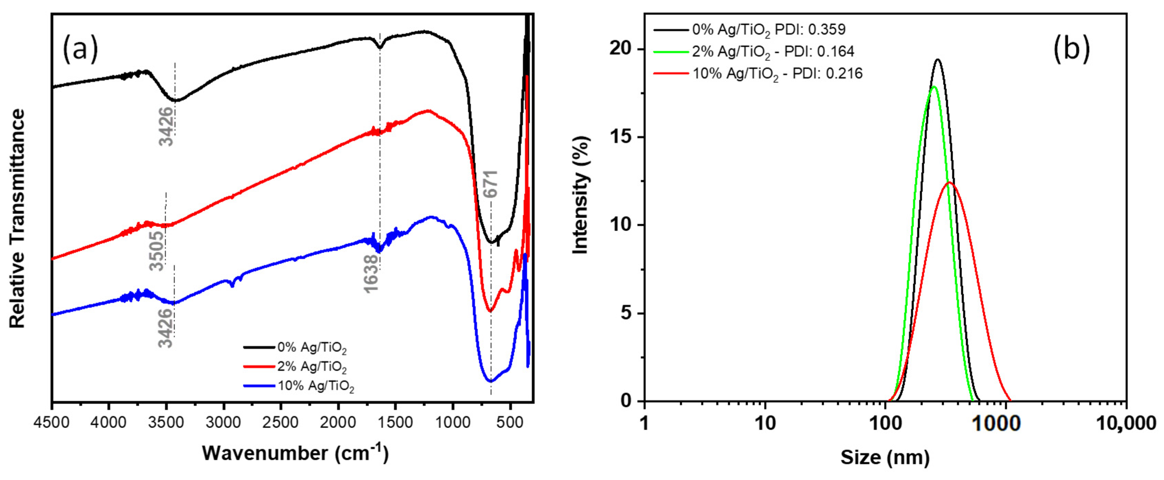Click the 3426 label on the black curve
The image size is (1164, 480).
(x=166, y=126)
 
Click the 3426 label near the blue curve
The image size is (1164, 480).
(x=166, y=328)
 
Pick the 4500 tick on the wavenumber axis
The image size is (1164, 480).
(x=52, y=423)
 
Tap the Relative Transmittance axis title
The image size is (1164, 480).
(x=17, y=219)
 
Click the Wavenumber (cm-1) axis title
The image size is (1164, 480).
(x=295, y=453)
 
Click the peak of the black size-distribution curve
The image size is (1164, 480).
(x=938, y=59)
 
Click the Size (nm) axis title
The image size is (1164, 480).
(x=885, y=457)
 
